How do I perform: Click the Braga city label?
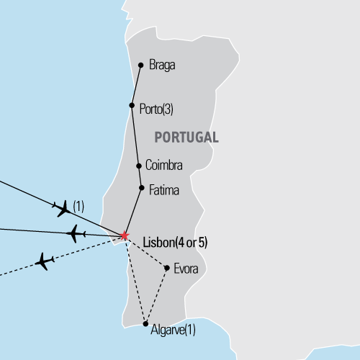162,66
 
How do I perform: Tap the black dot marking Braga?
141,65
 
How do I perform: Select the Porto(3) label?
156,109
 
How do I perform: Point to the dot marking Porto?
132,105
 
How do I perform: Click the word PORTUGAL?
186,137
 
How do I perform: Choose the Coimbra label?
163,166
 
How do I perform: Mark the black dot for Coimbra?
139,166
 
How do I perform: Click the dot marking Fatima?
142,188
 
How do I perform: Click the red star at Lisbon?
124,235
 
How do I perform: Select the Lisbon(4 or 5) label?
175,243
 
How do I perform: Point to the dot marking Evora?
167,268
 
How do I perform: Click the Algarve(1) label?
173,330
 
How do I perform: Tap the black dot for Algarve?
145,324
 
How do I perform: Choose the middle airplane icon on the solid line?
76,233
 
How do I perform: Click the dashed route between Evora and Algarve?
156,296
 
